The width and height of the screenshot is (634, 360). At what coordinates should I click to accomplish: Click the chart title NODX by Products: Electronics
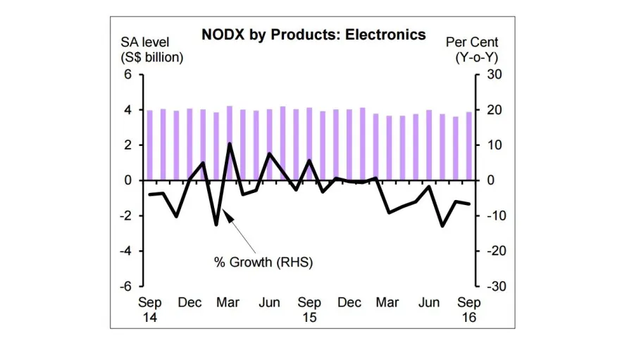(313, 35)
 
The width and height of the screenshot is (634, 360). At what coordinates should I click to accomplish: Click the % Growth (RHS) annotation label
(263, 262)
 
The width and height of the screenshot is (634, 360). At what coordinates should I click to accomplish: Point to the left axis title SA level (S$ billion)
(151, 50)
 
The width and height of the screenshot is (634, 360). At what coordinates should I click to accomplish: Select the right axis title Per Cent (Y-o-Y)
(471, 50)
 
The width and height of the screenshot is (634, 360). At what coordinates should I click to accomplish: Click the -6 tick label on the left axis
(126, 286)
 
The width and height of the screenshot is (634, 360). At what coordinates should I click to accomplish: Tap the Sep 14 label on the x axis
(149, 309)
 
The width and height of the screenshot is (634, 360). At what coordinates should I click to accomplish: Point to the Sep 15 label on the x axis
(309, 309)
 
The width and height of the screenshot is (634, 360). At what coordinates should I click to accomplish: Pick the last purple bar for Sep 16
(468, 146)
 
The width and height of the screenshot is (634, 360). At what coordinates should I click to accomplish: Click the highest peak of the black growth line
(230, 144)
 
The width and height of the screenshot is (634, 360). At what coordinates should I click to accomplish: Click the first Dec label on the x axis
(189, 303)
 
